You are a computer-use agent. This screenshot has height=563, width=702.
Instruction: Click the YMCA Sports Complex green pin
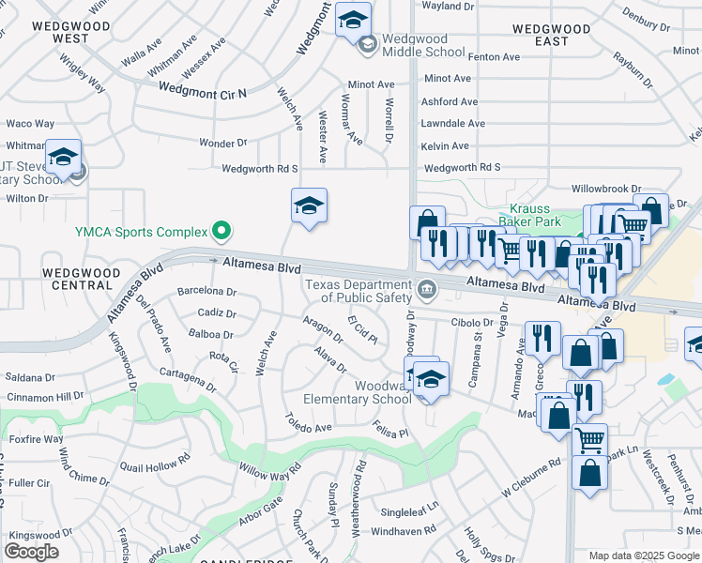[x=221, y=230]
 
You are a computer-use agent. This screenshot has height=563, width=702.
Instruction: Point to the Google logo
[x=31, y=552]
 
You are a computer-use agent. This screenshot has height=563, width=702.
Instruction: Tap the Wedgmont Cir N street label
[x=202, y=91]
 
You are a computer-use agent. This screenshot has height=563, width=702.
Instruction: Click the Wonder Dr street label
[x=222, y=143]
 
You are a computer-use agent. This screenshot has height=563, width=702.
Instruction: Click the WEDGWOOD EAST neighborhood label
[x=555, y=36]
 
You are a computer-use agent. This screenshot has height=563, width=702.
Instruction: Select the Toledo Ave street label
[x=310, y=427]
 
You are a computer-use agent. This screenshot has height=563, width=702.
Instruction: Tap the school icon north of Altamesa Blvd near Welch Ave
[x=309, y=204]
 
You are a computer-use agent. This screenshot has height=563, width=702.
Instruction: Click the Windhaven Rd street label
[x=404, y=529]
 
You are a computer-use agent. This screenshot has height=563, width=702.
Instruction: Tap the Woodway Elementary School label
[x=358, y=392]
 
